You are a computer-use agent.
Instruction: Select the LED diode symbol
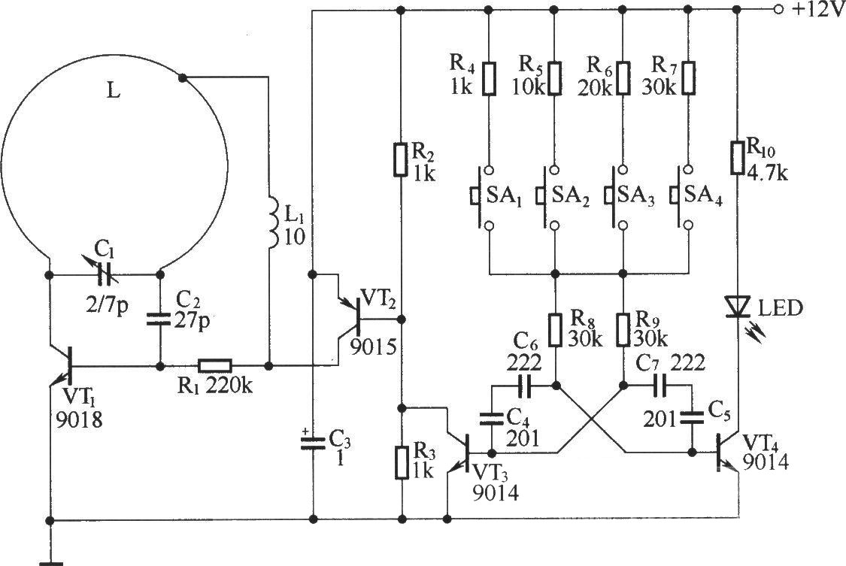738,307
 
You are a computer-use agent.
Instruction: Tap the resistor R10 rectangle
738,157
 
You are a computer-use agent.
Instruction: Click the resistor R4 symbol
489,79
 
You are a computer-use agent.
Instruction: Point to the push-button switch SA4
681,197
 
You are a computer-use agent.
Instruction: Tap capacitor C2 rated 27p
160,317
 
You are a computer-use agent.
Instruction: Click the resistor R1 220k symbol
215,366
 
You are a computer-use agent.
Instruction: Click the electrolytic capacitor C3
313,442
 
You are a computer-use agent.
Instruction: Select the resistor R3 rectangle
402,462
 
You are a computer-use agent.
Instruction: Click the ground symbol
50,563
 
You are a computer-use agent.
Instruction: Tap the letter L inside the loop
113,91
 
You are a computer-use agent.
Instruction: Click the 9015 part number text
373,347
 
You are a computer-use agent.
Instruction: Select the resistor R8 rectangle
556,329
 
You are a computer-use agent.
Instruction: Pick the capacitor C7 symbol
658,385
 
